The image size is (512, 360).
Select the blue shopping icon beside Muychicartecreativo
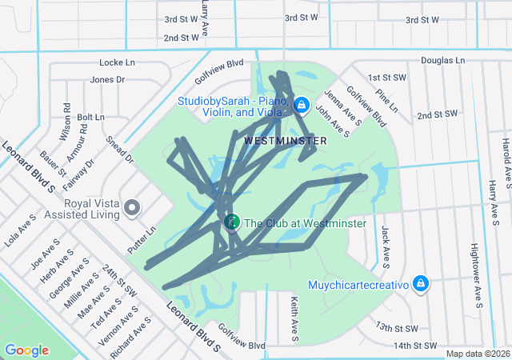421,284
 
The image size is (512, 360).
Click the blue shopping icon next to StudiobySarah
301,105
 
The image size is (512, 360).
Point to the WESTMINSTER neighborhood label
286,141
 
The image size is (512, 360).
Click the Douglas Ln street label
442,60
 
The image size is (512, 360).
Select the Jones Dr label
107,79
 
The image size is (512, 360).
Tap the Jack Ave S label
386,246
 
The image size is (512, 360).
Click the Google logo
26,350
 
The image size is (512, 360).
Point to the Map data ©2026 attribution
477,354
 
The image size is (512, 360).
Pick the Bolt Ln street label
90,117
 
